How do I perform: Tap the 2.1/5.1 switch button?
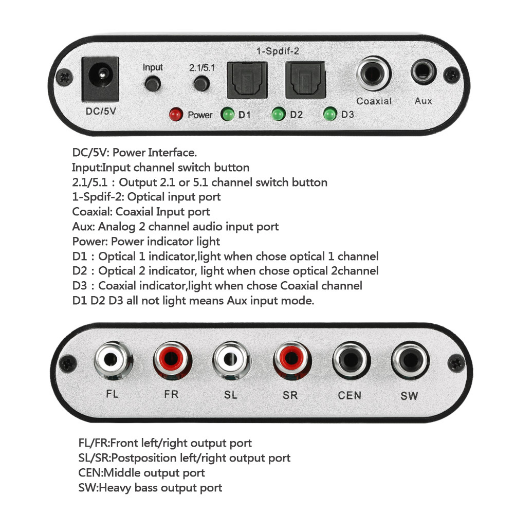(201, 83)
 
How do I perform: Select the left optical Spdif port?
(247, 80)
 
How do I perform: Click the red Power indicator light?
(176, 114)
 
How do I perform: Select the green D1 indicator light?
(227, 114)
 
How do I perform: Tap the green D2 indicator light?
(279, 114)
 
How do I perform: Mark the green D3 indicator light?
(330, 114)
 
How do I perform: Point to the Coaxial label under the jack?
(374, 101)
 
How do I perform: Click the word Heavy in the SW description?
(114, 487)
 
